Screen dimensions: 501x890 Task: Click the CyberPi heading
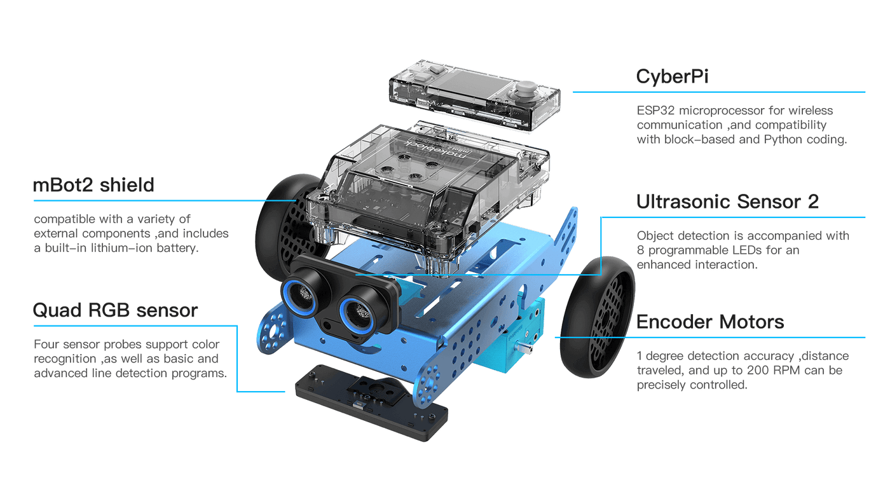point(673,76)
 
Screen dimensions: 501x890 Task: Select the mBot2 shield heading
point(93,185)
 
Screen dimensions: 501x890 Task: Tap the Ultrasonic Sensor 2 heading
point(727,202)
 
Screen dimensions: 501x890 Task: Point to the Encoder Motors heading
point(709,322)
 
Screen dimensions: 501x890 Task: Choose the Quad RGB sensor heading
point(115,310)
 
